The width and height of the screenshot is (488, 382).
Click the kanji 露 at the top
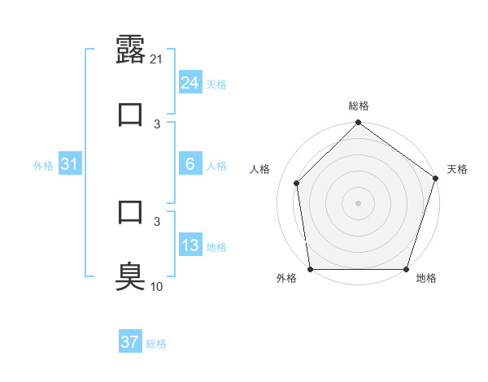(131, 50)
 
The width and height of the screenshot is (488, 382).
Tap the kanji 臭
(131, 277)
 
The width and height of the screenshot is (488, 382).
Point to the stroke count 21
(158, 59)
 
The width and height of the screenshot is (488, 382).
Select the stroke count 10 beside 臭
(158, 286)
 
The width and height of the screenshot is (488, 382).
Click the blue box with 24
(190, 83)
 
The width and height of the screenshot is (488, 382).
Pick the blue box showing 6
(190, 164)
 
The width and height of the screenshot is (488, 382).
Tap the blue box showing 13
(190, 245)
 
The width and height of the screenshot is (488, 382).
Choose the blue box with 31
(70, 164)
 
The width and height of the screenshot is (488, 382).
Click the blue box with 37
(129, 342)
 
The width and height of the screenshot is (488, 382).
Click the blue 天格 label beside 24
(216, 85)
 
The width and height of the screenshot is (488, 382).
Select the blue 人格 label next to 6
(216, 166)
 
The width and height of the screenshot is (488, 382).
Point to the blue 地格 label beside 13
(216, 247)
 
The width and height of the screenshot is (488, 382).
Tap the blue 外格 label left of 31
(43, 166)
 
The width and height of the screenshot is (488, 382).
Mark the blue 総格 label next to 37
(156, 344)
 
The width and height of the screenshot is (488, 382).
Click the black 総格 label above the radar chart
(359, 106)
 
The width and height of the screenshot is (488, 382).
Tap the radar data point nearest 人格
(297, 183)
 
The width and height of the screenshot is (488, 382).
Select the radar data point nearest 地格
(406, 269)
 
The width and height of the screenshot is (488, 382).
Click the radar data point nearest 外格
(311, 269)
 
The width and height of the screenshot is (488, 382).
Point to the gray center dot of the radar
(359, 202)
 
